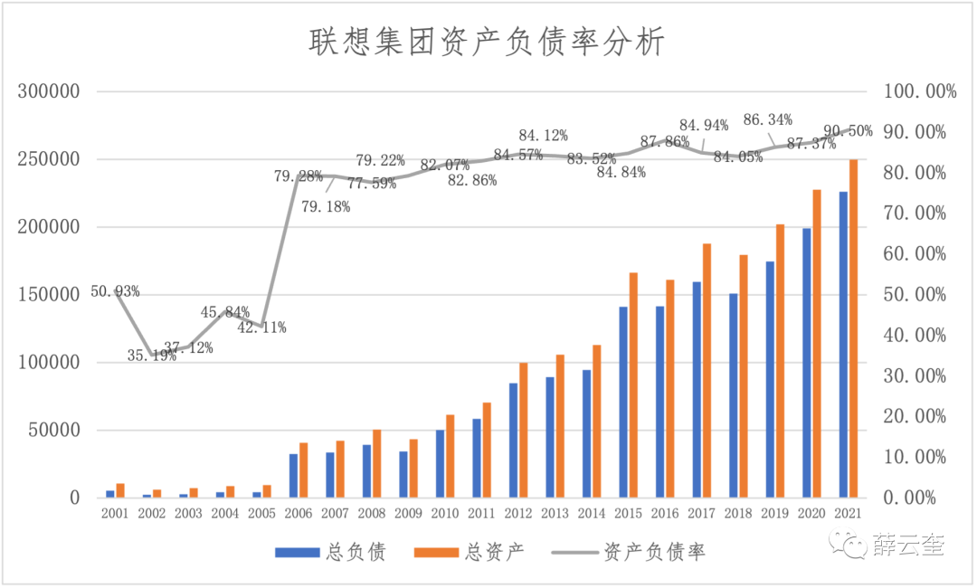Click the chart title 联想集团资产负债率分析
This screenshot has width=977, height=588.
click(x=488, y=42)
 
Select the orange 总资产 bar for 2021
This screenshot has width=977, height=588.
click(x=853, y=328)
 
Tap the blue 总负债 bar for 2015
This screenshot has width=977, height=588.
click(x=622, y=403)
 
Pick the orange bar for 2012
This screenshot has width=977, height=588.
click(x=523, y=430)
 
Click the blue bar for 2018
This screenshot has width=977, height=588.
click(x=734, y=395)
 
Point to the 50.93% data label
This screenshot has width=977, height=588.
click(x=115, y=291)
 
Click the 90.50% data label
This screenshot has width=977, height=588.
click(x=849, y=131)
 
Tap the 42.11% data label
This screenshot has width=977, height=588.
click(x=261, y=327)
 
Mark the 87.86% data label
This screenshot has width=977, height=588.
click(x=665, y=141)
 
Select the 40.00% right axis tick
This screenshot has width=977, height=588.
click(x=916, y=336)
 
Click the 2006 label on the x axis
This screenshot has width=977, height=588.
click(x=299, y=513)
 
